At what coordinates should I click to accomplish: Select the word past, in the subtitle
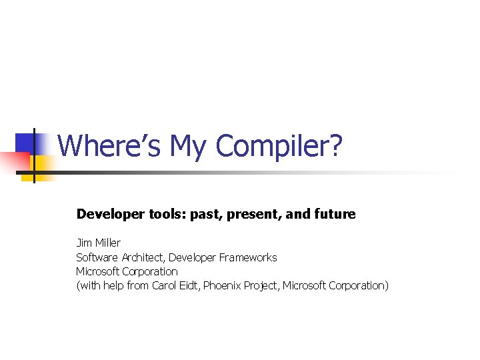pos(207,214)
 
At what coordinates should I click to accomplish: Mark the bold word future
pos(333,214)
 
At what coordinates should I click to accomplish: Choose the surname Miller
pos(107,243)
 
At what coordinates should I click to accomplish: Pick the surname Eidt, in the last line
pos(189,285)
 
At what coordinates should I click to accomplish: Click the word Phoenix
pos(223,285)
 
